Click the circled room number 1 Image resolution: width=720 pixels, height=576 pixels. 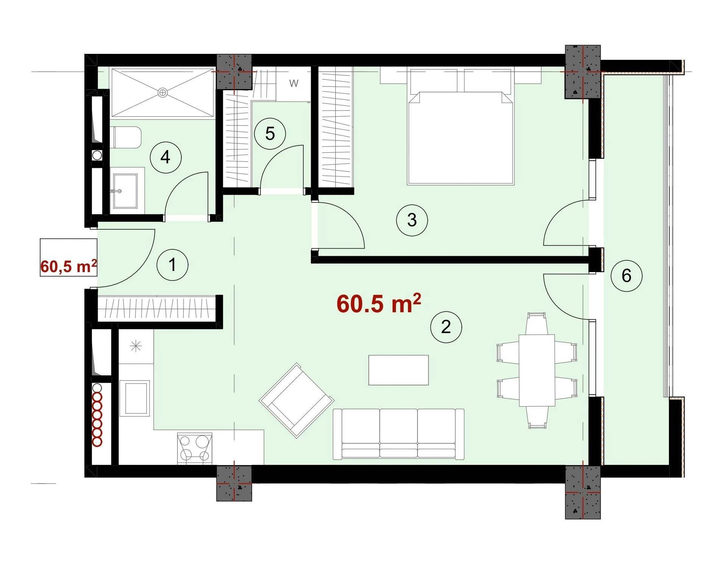click(x=173, y=265)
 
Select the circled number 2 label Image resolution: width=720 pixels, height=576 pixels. click(x=446, y=327)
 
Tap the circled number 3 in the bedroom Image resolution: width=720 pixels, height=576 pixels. click(x=412, y=220)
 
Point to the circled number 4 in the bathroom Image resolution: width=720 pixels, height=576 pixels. click(x=166, y=157)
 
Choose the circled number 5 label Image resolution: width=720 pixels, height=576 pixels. click(x=270, y=133)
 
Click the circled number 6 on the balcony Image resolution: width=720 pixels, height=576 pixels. click(x=626, y=275)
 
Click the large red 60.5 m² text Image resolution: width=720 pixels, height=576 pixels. click(x=379, y=303)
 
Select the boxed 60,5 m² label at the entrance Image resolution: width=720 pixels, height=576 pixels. click(x=69, y=266)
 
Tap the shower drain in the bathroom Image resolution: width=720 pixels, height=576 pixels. click(x=162, y=92)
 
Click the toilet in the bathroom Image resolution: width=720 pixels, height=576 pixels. click(x=128, y=138)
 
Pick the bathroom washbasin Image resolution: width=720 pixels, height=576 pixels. click(x=126, y=191)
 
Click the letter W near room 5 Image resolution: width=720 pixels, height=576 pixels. click(x=294, y=83)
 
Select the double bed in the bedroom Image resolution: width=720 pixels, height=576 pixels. click(x=461, y=127)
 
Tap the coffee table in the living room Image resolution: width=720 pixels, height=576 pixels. click(x=399, y=370)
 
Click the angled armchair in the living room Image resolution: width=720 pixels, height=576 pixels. click(x=297, y=401)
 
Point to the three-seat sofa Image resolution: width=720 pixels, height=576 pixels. click(x=399, y=434)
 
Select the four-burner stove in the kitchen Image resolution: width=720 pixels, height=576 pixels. click(x=195, y=448)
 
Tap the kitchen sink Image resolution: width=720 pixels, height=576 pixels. click(x=135, y=398)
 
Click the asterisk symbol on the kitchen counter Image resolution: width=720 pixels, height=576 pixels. click(x=136, y=346)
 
